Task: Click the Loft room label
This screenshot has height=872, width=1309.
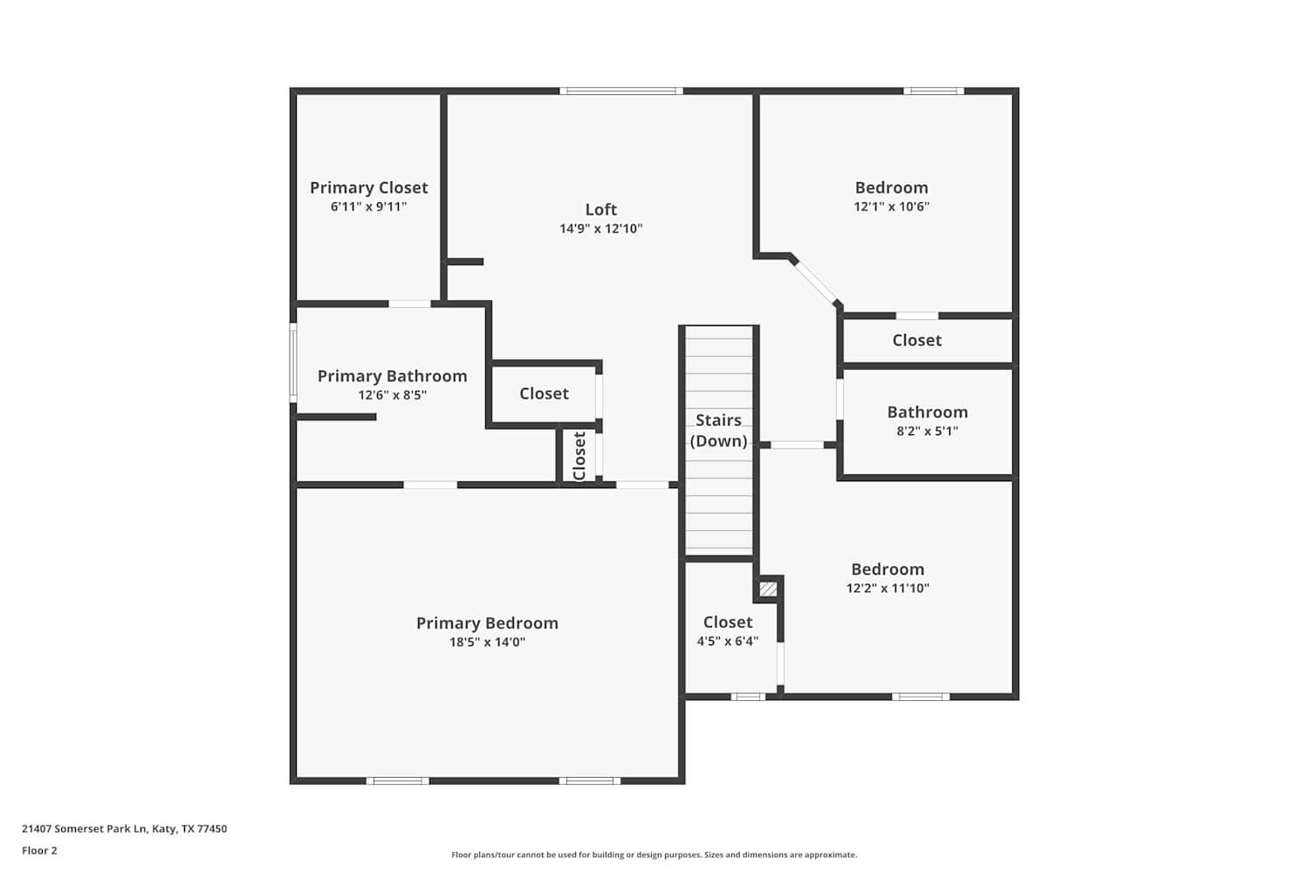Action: tap(600, 209)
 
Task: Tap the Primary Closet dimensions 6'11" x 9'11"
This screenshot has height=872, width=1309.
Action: tap(369, 207)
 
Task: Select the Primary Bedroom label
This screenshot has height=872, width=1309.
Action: tap(487, 623)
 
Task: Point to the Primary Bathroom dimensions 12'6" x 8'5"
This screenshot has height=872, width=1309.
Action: tap(392, 395)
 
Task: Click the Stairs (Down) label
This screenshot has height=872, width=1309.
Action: tap(719, 431)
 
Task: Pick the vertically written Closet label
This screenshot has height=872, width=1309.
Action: tap(579, 456)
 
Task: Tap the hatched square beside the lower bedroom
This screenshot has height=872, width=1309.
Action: tap(768, 589)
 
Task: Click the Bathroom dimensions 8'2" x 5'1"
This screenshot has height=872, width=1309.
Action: tap(928, 432)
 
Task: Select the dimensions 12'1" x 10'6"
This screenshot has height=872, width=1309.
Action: tap(891, 207)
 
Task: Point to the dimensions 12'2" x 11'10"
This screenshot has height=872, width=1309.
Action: tap(888, 588)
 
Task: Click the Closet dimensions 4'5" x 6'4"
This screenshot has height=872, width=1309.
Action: tap(728, 641)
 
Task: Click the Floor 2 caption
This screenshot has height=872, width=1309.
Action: tap(40, 850)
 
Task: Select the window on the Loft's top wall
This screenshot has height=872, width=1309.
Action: tap(621, 91)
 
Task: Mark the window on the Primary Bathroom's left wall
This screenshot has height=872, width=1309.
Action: tap(293, 363)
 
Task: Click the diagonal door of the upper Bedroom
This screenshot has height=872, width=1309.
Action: tap(816, 283)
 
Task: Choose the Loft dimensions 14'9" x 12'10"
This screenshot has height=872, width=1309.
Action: tap(600, 228)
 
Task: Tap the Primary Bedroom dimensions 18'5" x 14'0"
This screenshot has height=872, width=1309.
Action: tap(487, 643)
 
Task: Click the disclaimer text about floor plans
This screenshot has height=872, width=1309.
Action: tap(654, 855)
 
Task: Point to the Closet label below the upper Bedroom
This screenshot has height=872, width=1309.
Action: tap(916, 340)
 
